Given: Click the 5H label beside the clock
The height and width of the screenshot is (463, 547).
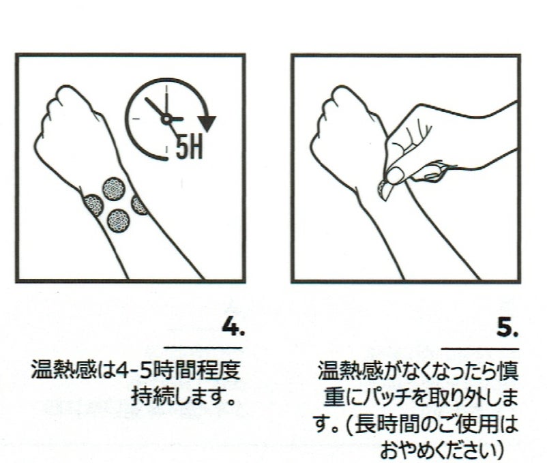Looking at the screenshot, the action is click(x=189, y=147).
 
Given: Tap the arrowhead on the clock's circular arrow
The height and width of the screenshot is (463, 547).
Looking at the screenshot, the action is click(x=207, y=123).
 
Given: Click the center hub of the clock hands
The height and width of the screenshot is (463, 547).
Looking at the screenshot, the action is click(x=166, y=119).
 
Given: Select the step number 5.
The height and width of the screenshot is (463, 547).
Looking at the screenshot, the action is click(x=507, y=328).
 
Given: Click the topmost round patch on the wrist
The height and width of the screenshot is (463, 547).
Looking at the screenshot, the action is click(x=114, y=189).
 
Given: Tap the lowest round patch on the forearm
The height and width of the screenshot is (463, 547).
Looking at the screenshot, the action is click(x=119, y=220).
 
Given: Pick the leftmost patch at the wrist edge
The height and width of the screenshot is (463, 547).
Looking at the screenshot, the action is click(x=93, y=205).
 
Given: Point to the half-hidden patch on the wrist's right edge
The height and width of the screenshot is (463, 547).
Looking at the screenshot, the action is click(x=140, y=205).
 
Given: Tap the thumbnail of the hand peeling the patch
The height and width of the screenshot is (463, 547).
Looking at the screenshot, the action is click(x=394, y=176).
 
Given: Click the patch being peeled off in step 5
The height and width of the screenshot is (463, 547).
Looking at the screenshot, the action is click(x=384, y=190).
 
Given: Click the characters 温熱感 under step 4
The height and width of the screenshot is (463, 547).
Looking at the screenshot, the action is click(x=63, y=370).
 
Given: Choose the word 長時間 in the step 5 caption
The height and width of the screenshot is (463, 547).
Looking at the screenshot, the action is click(x=386, y=424).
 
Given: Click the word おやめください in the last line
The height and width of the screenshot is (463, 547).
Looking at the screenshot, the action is click(x=435, y=450).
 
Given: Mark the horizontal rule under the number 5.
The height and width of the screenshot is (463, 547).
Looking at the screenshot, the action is click(x=480, y=348).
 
